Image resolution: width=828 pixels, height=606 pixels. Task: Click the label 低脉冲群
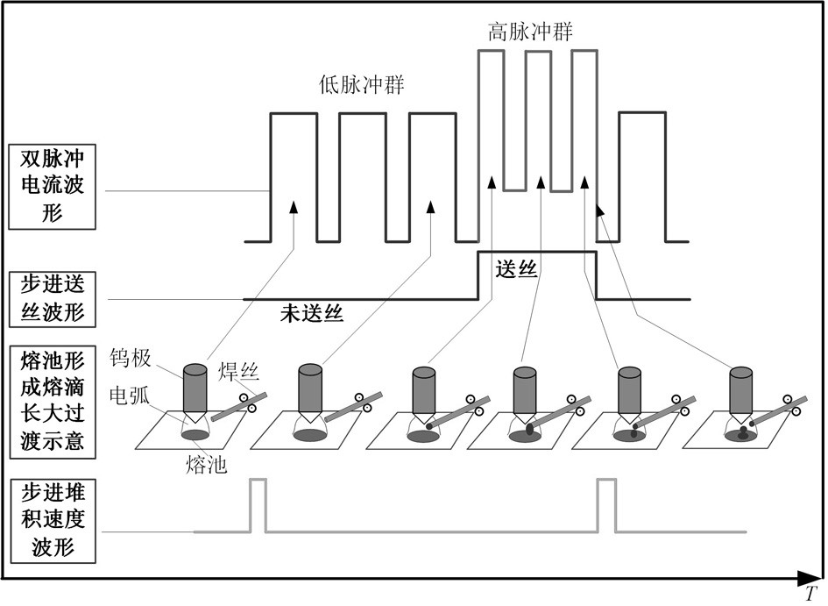pyautogui.click(x=367, y=86)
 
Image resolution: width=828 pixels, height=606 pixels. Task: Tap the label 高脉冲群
pyautogui.click(x=531, y=33)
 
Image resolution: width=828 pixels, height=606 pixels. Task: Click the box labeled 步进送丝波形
pyautogui.click(x=53, y=298)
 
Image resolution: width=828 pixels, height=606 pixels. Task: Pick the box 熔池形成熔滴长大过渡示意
pyautogui.click(x=53, y=399)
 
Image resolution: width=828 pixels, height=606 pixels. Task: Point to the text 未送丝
pyautogui.click(x=311, y=312)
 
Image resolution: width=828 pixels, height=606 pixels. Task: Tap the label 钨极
pyautogui.click(x=131, y=359)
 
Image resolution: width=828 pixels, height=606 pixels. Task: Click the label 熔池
pyautogui.click(x=207, y=465)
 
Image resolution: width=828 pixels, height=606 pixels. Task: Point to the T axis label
pyautogui.click(x=812, y=593)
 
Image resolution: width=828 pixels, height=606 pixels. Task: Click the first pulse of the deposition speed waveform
pyautogui.click(x=258, y=504)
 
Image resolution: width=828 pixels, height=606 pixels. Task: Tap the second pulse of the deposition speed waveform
pyautogui.click(x=606, y=504)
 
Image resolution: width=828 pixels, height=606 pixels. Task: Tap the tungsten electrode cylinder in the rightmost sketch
pyautogui.click(x=742, y=386)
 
